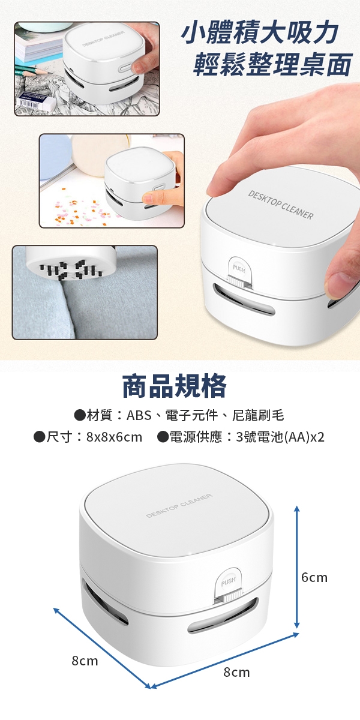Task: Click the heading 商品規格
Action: coord(175,386)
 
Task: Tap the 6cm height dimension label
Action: coord(314,578)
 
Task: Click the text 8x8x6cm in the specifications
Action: coord(114,437)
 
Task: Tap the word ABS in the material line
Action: coord(139,416)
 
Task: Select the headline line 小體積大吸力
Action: coord(259,34)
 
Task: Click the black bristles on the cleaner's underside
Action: coord(71,270)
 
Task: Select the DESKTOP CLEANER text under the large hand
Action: coord(281,205)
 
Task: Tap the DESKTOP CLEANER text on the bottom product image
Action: coord(179,506)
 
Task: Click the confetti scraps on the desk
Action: coord(77,209)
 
